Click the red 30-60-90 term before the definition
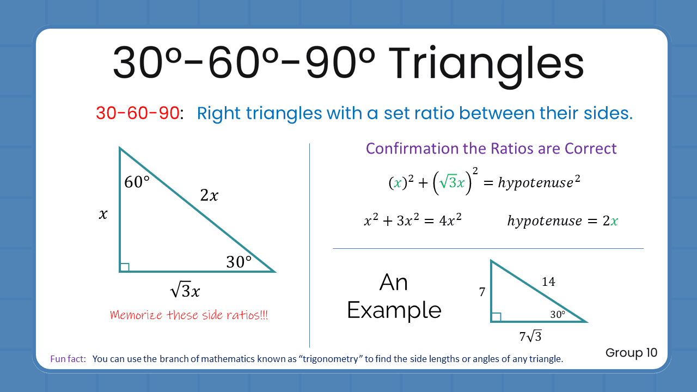138,113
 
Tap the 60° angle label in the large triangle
137,182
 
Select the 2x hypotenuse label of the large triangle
209,195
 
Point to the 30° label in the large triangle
239,262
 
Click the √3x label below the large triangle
185,291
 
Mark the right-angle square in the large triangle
125,267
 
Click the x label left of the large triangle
103,215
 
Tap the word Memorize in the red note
136,315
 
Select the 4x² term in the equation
450,221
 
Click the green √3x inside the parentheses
454,183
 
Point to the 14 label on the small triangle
548,281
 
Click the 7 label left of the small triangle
482,292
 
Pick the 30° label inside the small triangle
558,314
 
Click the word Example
394,310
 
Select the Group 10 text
631,353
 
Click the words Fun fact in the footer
68,359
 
